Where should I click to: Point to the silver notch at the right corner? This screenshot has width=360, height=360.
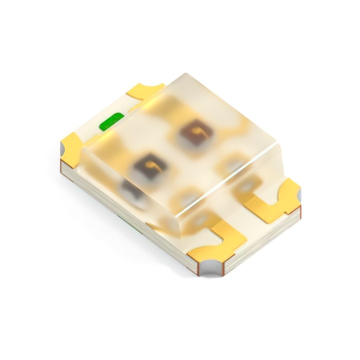coord(298,194)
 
